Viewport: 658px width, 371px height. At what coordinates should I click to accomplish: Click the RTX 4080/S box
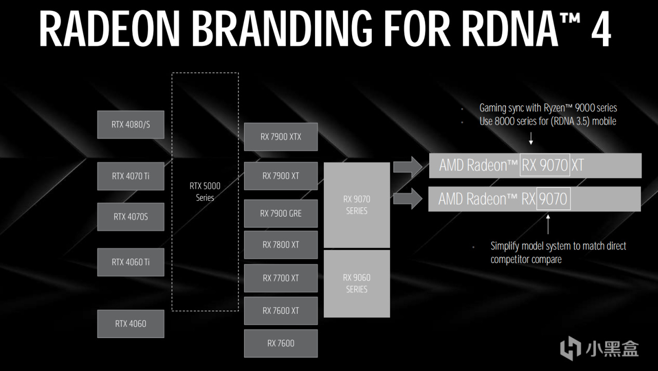pos(131,125)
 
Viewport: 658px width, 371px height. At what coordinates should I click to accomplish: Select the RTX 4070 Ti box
pos(131,176)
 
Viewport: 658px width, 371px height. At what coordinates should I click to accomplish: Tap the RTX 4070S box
pos(131,217)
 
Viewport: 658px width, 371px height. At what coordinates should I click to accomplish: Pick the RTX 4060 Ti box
pos(131,262)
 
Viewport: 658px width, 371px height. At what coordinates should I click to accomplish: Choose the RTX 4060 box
pos(131,324)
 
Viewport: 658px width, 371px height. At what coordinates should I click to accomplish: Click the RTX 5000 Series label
pos(205,191)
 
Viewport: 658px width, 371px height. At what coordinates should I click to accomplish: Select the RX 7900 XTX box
pos(281,137)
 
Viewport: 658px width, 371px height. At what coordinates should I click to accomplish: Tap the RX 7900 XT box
pos(281,176)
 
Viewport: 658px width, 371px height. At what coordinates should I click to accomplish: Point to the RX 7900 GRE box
pos(281,213)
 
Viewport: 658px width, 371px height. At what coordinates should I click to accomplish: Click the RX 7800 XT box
pos(281,245)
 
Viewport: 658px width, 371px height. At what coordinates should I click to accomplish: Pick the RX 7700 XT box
pos(281,278)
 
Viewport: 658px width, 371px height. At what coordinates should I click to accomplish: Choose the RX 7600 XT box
pos(281,311)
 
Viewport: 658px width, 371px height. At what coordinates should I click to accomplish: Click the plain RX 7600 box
pos(281,343)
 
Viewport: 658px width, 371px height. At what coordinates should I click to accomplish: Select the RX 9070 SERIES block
pos(357,205)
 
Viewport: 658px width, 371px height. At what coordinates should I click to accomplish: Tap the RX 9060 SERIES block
pos(357,284)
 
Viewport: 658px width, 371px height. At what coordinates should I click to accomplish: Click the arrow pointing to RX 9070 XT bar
pos(407,166)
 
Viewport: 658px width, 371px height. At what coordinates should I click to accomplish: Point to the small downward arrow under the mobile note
pos(531,138)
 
